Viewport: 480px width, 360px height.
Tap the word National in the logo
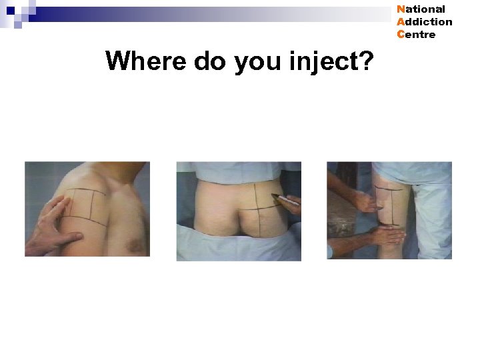pyautogui.click(x=421, y=9)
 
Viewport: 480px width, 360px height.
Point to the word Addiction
pyautogui.click(x=424, y=22)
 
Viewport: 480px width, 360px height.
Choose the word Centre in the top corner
pyautogui.click(x=416, y=35)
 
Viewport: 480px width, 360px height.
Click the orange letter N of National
pyautogui.click(x=400, y=9)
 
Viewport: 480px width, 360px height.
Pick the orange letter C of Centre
pyautogui.click(x=400, y=35)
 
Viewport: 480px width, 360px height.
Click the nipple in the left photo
pyautogui.click(x=138, y=245)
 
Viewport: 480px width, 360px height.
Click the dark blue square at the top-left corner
pyautogui.click(x=11, y=10)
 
